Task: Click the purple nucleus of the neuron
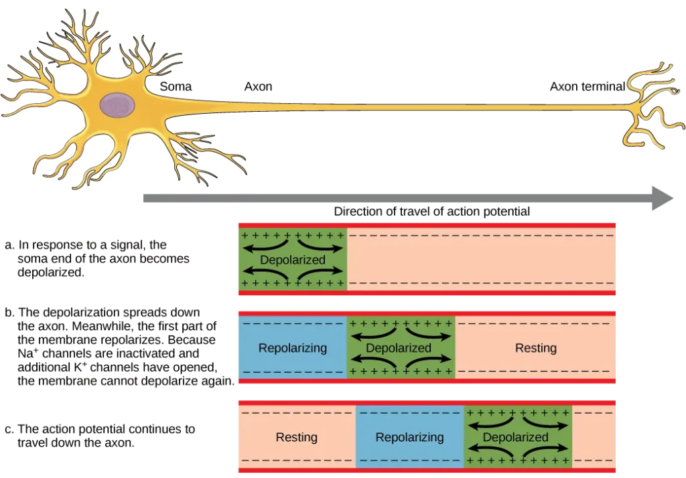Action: pyautogui.click(x=117, y=105)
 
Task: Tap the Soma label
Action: pyautogui.click(x=176, y=86)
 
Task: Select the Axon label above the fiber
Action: pyautogui.click(x=258, y=86)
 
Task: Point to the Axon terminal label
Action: pyautogui.click(x=587, y=86)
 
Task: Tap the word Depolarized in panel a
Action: pyautogui.click(x=293, y=260)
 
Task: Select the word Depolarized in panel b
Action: pyautogui.click(x=399, y=348)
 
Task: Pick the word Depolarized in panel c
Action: pyautogui.click(x=515, y=437)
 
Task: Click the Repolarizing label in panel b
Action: pyautogui.click(x=293, y=348)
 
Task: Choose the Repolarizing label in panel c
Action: pyautogui.click(x=409, y=437)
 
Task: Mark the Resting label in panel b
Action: pyautogui.click(x=536, y=348)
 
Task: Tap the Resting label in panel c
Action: pyautogui.click(x=297, y=437)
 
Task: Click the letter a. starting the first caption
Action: pyautogui.click(x=9, y=245)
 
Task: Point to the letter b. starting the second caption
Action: pyautogui.click(x=9, y=312)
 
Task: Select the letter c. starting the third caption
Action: pyautogui.click(x=9, y=429)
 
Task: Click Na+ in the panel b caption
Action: pyautogui.click(x=27, y=353)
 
